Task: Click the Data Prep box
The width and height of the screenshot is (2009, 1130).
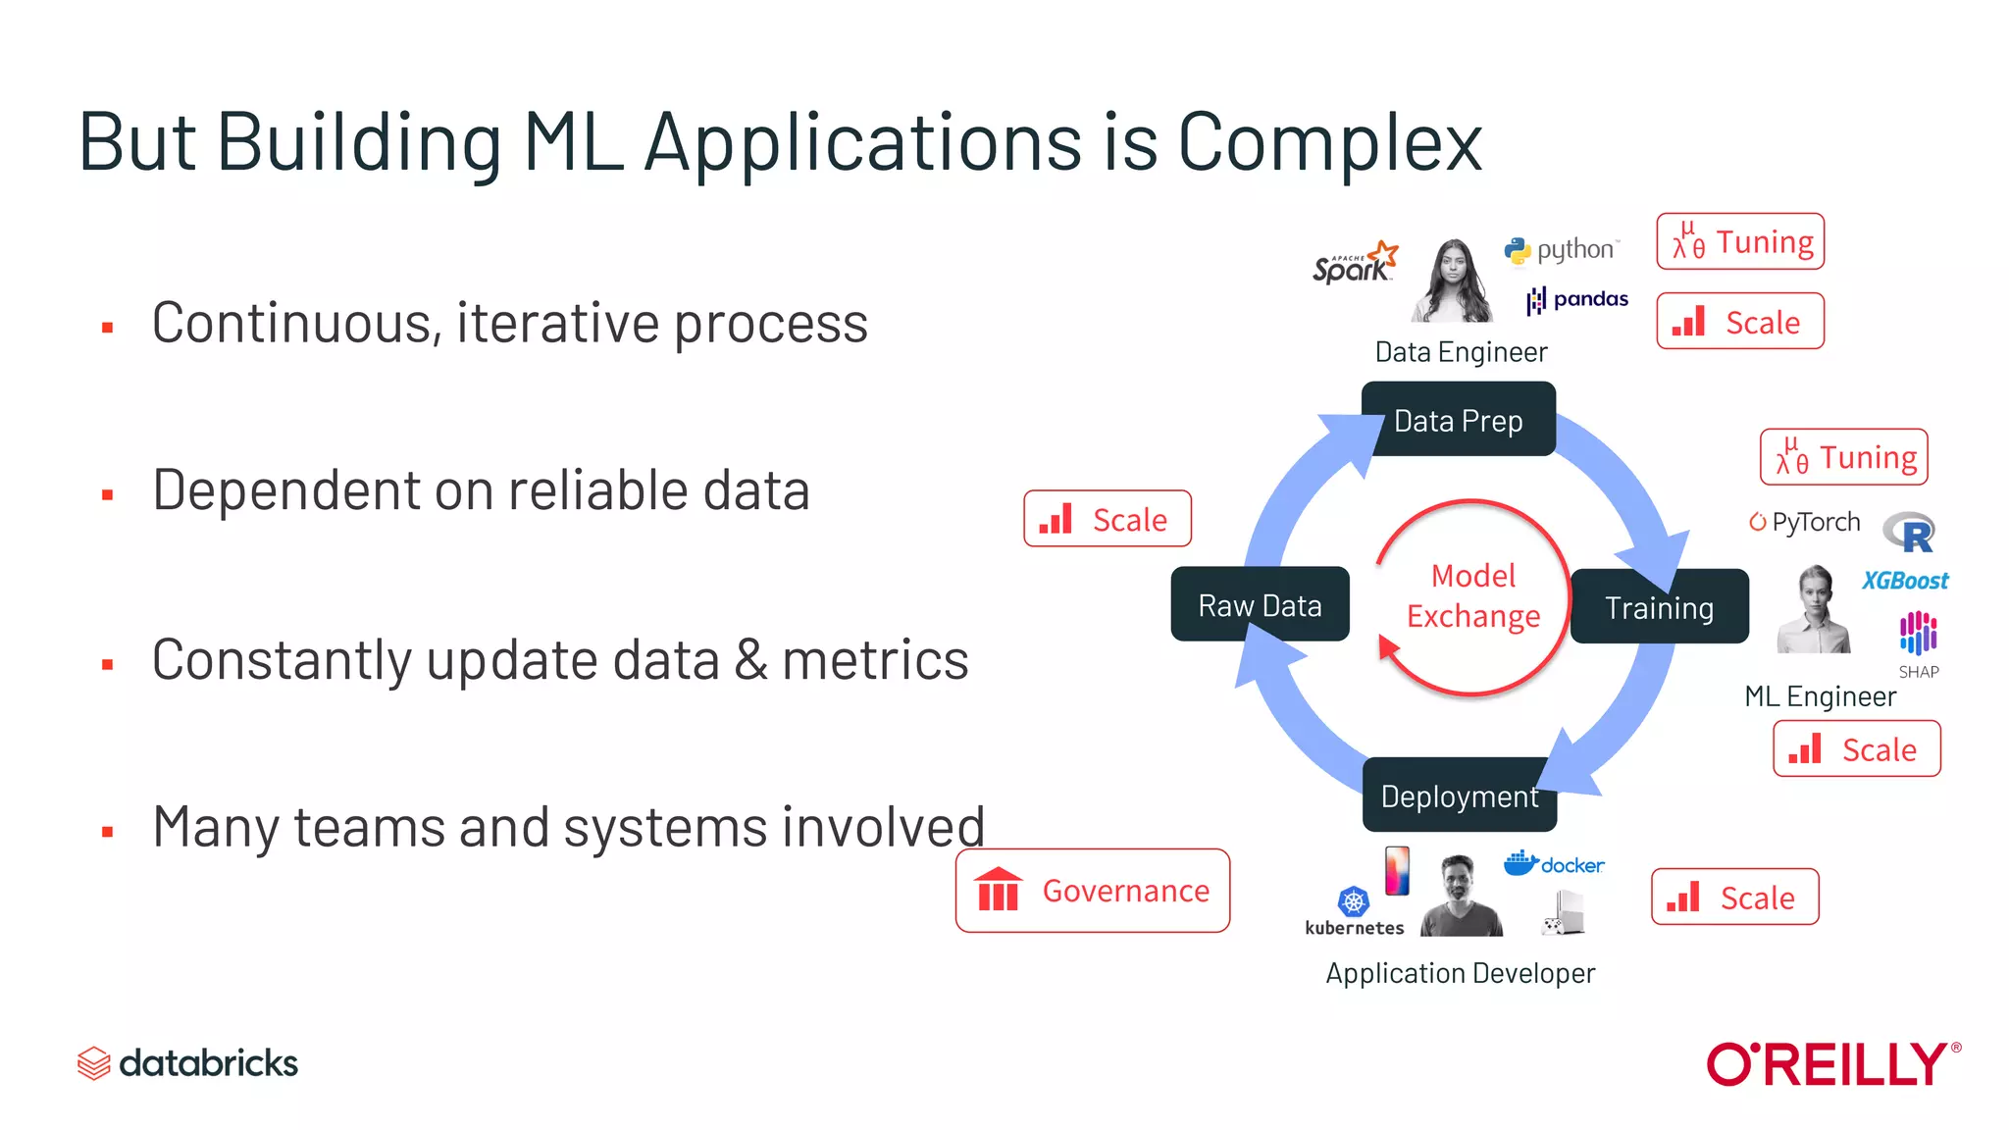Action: [x=1458, y=420]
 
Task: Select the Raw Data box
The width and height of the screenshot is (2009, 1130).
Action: [x=1260, y=605]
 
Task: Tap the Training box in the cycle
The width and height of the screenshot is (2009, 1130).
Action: [x=1659, y=607]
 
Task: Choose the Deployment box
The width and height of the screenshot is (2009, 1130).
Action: [x=1459, y=796]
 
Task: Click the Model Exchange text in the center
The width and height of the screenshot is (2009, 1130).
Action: [x=1472, y=595]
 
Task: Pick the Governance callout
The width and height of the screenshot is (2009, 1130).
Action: [x=1093, y=891]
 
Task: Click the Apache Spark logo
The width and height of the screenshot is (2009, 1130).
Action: [x=1355, y=263]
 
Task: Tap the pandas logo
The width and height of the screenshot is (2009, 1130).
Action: [x=1577, y=299]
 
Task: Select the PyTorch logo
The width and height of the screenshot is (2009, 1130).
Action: [x=1805, y=522]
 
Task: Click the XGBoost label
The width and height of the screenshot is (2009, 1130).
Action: [x=1905, y=581]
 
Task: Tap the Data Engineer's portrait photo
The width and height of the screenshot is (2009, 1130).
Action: [x=1453, y=281]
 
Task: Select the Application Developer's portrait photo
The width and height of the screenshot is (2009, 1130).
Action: [x=1460, y=895]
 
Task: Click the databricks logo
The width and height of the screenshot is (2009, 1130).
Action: [x=187, y=1063]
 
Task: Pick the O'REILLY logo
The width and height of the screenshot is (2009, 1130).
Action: [x=1831, y=1064]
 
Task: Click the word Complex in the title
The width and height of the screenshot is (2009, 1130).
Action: [x=1329, y=143]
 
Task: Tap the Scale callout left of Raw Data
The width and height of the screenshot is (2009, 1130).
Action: [x=1108, y=519]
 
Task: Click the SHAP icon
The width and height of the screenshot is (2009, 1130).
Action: [x=1918, y=643]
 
